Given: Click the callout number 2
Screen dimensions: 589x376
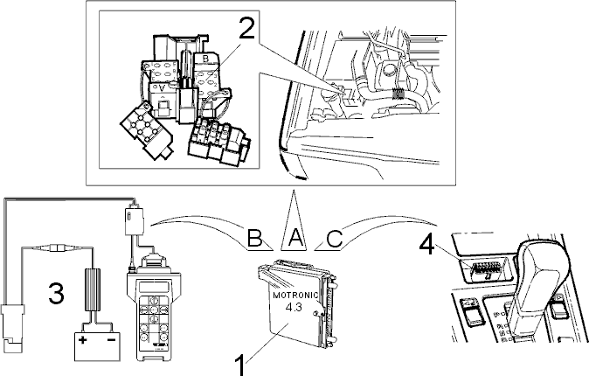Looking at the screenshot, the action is coord(246,27).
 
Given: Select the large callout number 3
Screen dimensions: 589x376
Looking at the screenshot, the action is coord(56,293).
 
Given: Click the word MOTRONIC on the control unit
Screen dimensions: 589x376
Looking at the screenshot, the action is coord(295,296).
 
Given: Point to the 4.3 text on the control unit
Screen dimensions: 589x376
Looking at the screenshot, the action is coord(294,307).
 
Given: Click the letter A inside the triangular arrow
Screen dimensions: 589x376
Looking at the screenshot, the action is coord(294,238).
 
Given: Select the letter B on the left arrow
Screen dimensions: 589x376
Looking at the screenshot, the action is coord(254,238).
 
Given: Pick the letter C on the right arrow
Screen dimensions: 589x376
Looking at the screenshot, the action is coord(335,238).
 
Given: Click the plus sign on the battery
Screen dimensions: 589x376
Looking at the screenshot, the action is coord(83,341).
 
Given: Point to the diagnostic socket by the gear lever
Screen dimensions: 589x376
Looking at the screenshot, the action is coord(485,271).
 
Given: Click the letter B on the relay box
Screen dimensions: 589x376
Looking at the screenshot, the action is coord(205,59).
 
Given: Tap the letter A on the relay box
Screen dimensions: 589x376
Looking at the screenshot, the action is coord(162,88).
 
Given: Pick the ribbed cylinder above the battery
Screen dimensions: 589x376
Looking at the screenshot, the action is coord(94,289).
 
